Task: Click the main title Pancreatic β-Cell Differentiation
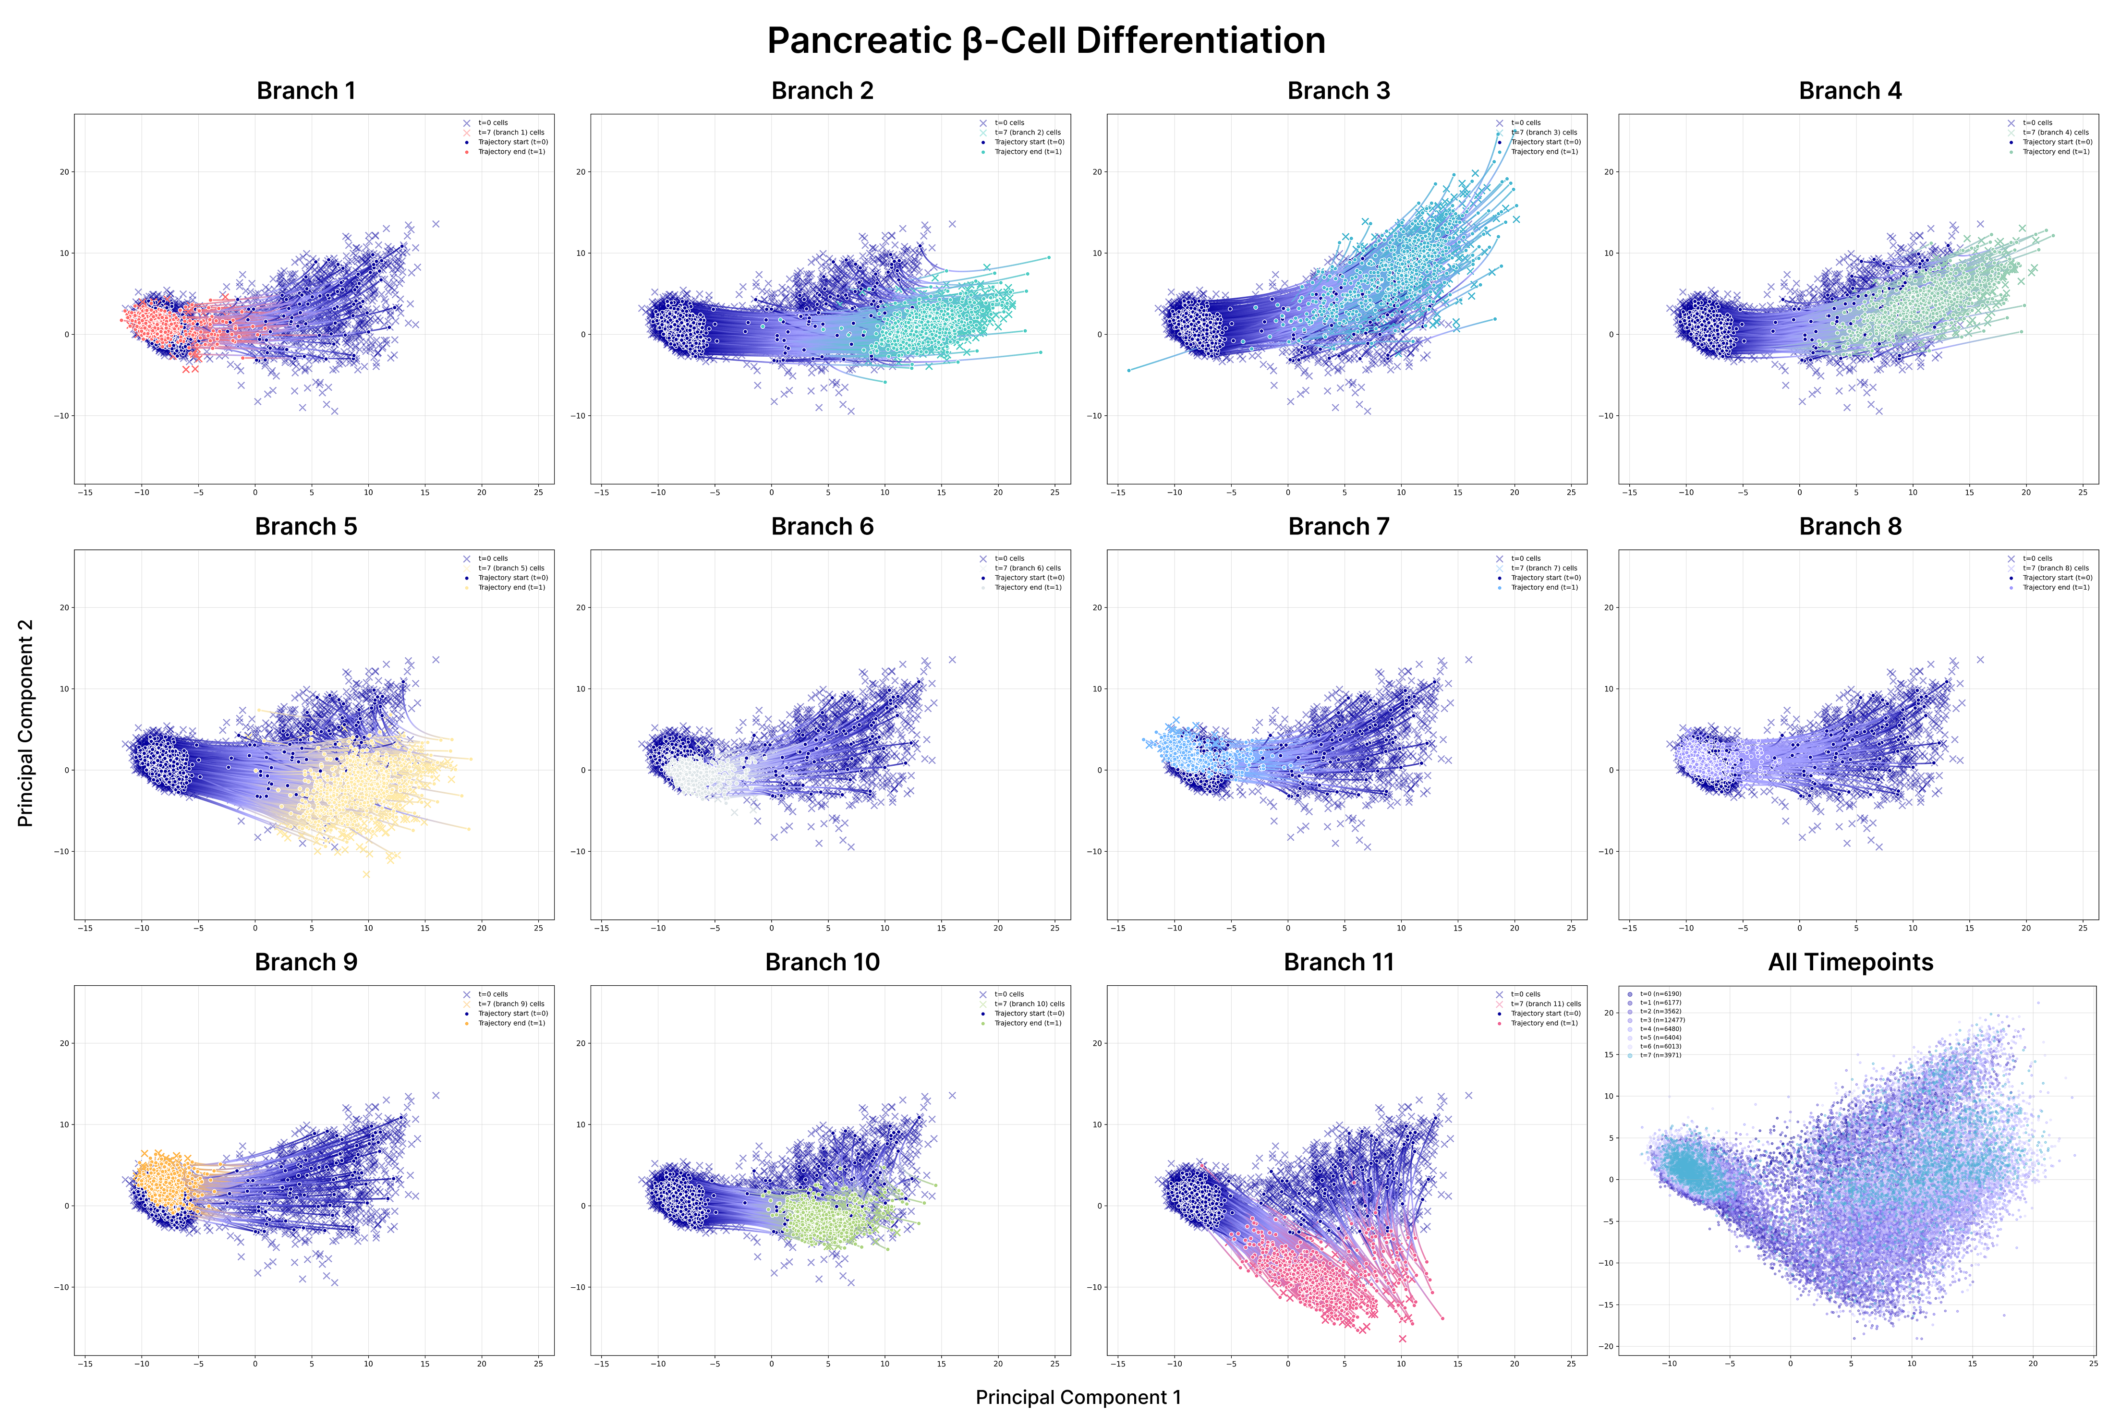click(1046, 41)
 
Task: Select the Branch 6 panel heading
click(822, 527)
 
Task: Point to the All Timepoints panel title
click(1850, 962)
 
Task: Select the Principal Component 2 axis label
click(25, 723)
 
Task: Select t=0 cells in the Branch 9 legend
click(493, 994)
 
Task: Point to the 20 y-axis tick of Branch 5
click(64, 607)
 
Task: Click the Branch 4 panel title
click(1850, 91)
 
